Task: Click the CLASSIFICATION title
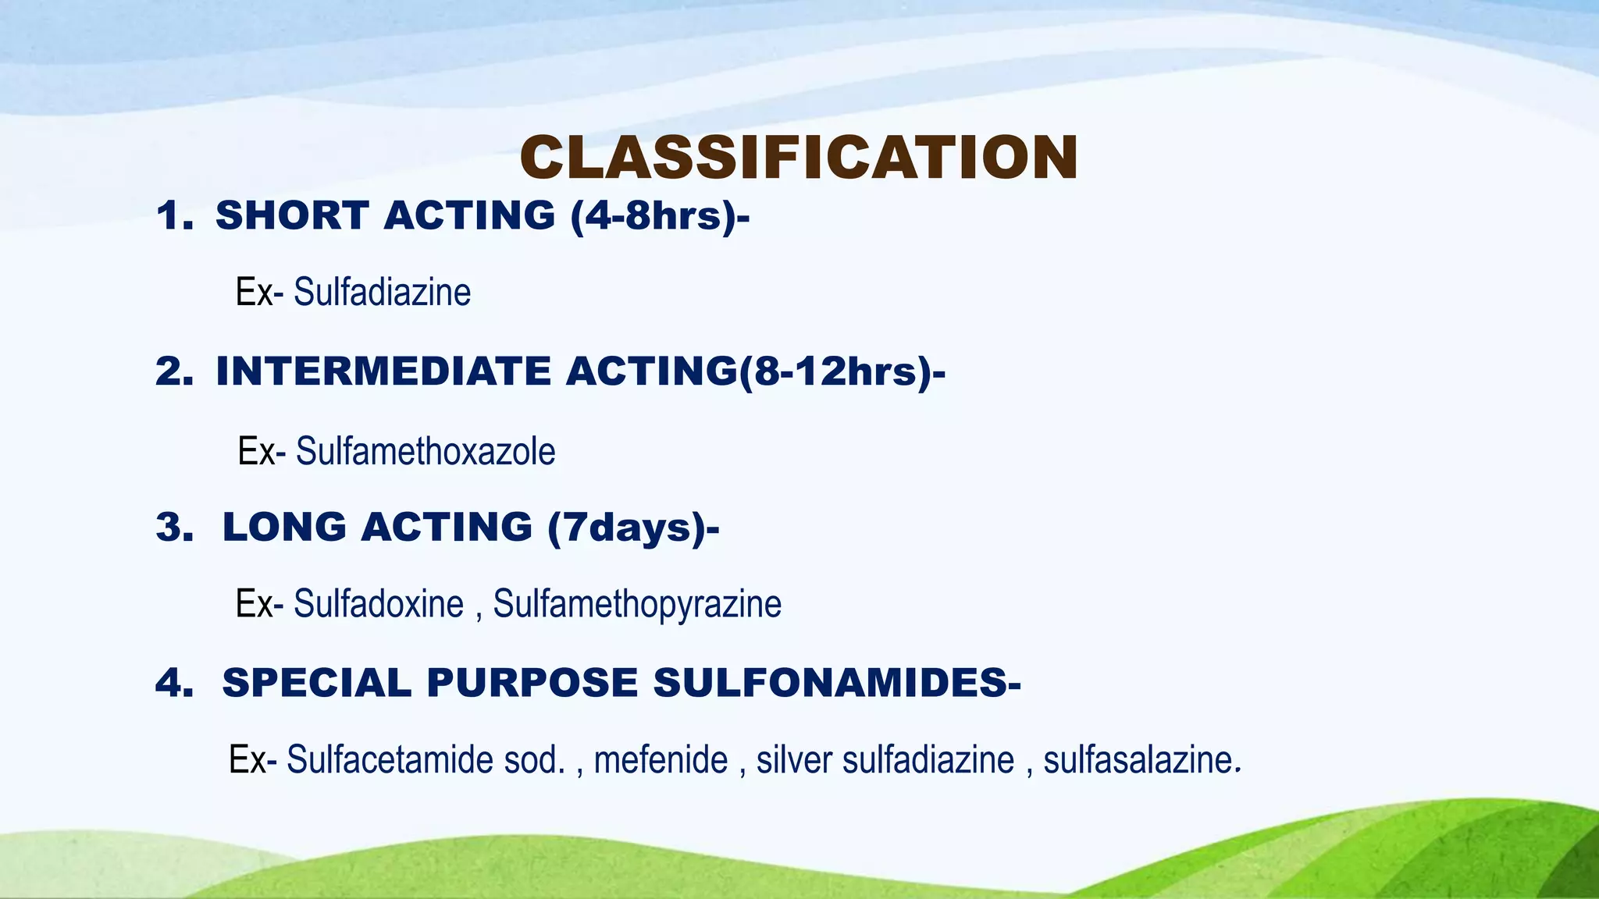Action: point(799,158)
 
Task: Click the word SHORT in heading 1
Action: point(292,215)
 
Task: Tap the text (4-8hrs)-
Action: point(660,215)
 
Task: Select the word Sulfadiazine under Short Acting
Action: point(382,293)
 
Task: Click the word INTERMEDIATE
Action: point(383,371)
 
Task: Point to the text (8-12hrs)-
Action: point(842,371)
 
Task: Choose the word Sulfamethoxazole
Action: point(426,452)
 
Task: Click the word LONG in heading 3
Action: point(284,528)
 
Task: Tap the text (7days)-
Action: point(633,528)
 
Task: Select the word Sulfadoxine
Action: point(379,604)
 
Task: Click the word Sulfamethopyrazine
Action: point(637,604)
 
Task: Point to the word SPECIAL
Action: point(316,683)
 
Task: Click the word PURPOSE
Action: point(532,683)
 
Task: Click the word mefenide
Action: point(661,760)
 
